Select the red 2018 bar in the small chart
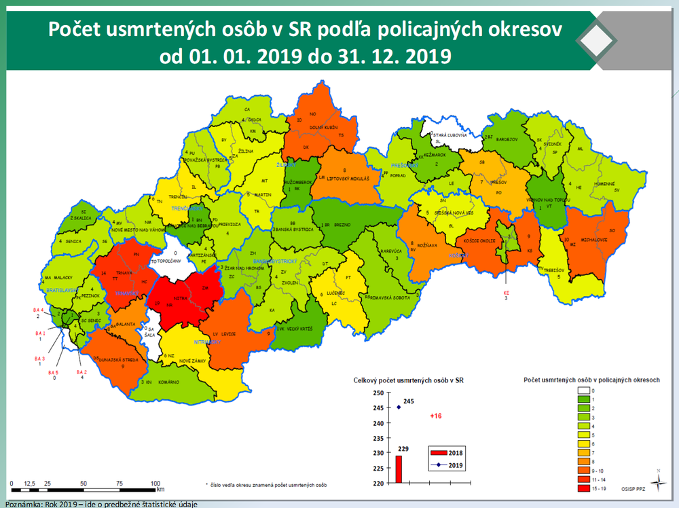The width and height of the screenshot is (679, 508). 399,469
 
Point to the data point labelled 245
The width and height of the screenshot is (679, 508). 399,407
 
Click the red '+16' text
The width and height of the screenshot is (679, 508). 436,416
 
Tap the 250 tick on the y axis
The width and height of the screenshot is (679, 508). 378,393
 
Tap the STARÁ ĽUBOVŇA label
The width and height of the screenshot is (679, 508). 451,136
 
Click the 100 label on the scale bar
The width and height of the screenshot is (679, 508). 155,483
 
